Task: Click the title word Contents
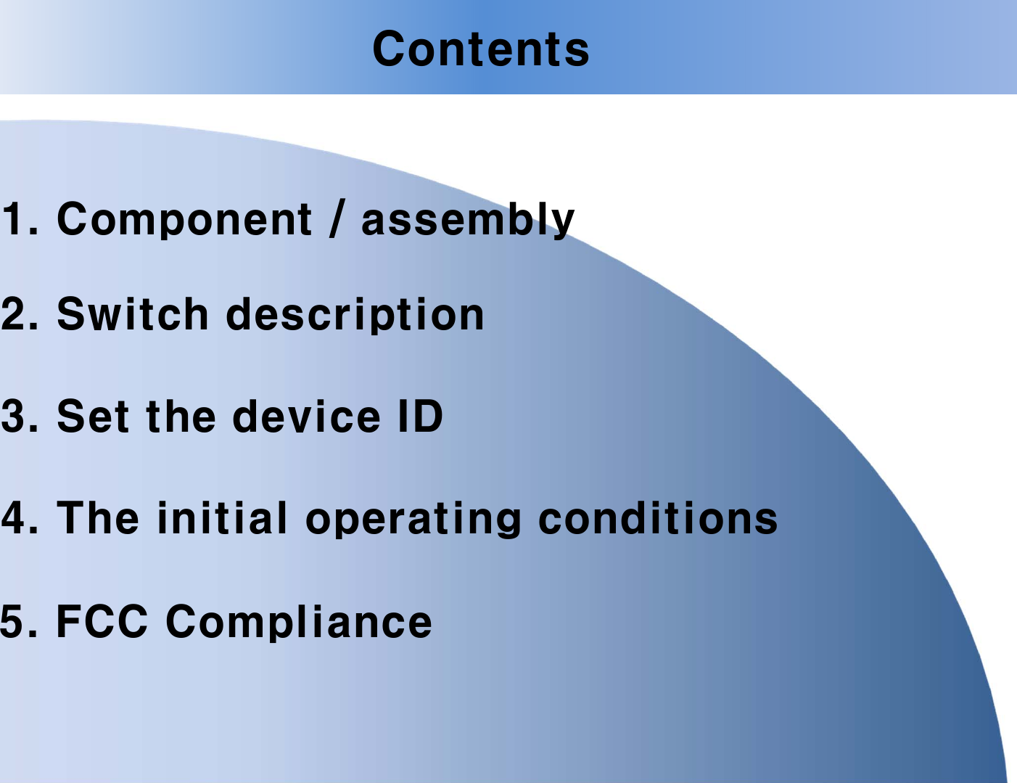pos(481,49)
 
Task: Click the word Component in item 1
pos(184,219)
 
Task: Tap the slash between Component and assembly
pos(334,219)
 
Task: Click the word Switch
pos(133,314)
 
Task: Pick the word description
pos(355,316)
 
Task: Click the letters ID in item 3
pos(420,417)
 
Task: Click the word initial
pos(223,518)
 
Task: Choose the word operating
pos(413,520)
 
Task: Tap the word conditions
pos(658,518)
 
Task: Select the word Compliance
pos(299,623)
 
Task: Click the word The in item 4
pos(98,518)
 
